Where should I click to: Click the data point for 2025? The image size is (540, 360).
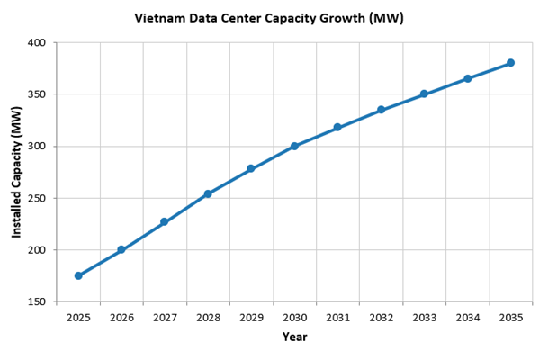coord(78,275)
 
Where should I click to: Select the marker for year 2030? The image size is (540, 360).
coord(294,146)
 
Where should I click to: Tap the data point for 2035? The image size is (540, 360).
coord(510,63)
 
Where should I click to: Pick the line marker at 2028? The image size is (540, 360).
coord(208,193)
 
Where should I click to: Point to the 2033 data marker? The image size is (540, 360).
coord(424,94)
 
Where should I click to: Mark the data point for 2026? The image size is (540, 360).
coord(121,249)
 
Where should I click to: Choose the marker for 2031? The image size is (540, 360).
coord(337,128)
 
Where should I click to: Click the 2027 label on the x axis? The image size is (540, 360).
coord(165,317)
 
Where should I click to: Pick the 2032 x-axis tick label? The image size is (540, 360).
coord(381,317)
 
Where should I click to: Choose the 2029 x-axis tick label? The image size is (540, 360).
coord(251,317)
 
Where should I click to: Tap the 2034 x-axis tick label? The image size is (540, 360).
coord(467,317)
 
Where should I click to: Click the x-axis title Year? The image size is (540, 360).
coord(294,337)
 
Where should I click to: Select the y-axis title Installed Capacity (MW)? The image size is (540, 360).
coord(16,172)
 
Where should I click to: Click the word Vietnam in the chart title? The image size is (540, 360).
coord(158,18)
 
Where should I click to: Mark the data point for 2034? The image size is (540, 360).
coord(467,78)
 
